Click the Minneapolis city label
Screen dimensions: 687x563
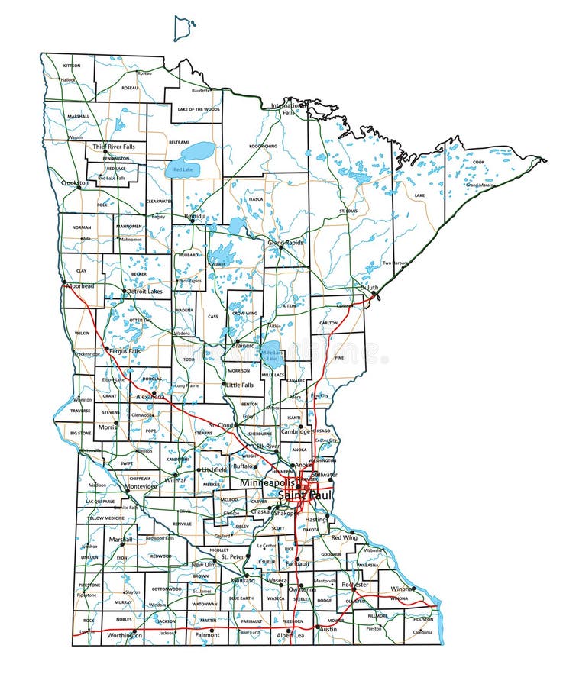(x=270, y=484)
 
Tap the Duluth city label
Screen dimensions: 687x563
(x=370, y=287)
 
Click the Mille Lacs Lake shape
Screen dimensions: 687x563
(x=271, y=353)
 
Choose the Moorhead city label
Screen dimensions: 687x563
(x=80, y=285)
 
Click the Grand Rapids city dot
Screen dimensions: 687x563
(x=280, y=247)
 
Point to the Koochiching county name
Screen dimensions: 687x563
(x=263, y=145)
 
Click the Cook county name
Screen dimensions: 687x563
(x=478, y=162)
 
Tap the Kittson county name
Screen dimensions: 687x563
(x=71, y=66)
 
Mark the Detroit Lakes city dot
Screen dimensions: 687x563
(x=125, y=291)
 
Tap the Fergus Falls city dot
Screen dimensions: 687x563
(x=106, y=350)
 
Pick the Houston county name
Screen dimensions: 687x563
(x=423, y=619)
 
